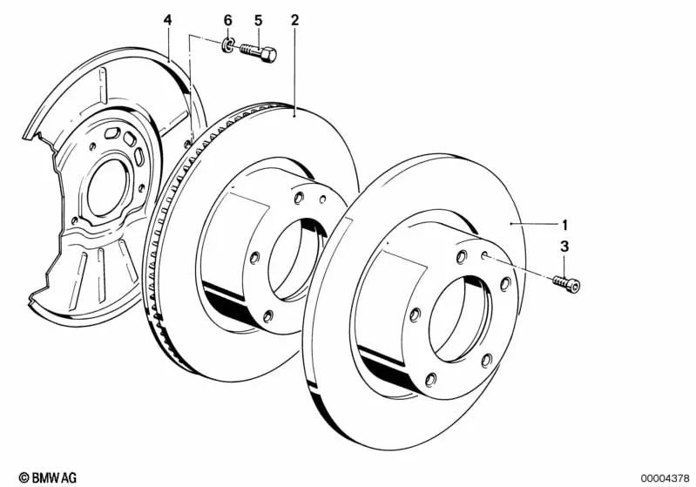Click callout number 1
[564, 223]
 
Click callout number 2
[295, 19]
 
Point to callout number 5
[258, 19]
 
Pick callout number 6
[228, 19]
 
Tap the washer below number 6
[226, 44]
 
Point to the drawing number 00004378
[663, 477]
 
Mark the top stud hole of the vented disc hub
[295, 198]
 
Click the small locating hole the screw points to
[482, 254]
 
